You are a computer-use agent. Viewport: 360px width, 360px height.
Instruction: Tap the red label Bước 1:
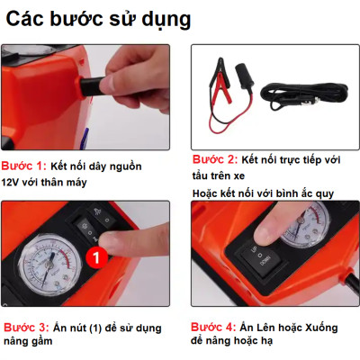click(24, 166)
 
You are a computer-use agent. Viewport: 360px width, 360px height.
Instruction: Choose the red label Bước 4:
click(217, 328)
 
